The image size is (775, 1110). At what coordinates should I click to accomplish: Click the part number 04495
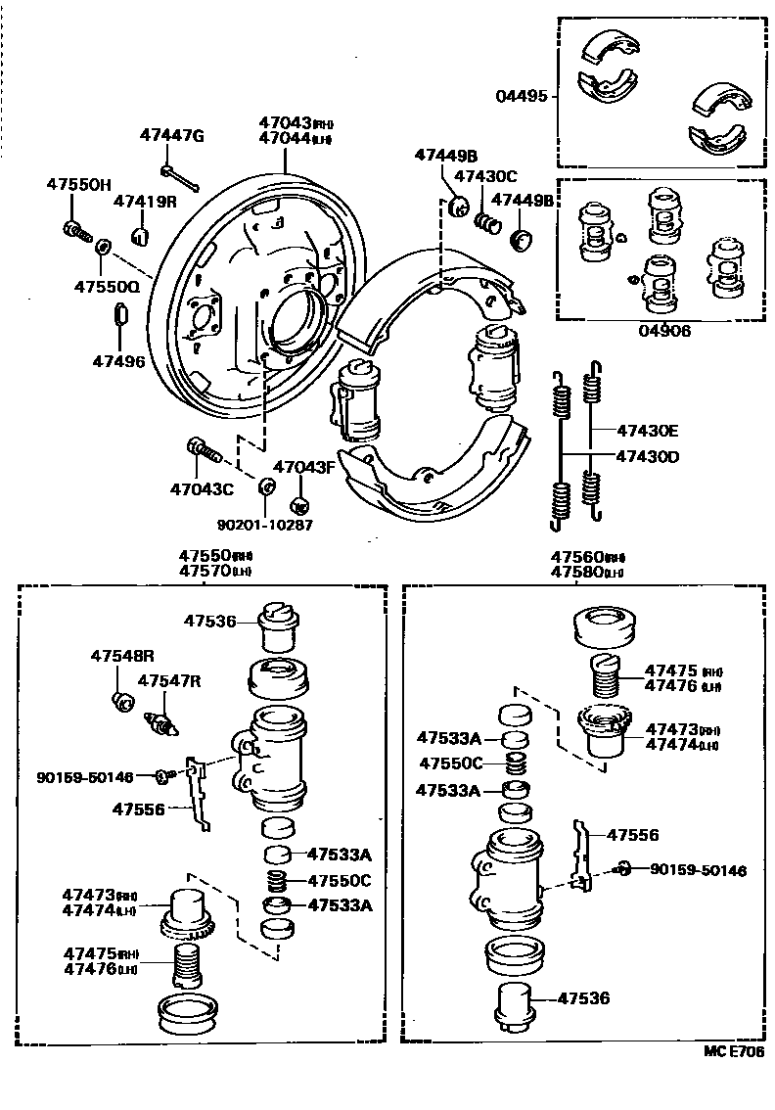point(523,97)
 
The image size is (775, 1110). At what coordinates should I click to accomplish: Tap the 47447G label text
point(171,135)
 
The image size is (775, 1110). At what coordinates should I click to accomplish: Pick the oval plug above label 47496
point(118,314)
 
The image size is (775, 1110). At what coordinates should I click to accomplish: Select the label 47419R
point(144,202)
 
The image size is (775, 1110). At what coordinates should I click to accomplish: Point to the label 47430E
point(647,430)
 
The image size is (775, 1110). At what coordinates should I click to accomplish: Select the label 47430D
point(647,456)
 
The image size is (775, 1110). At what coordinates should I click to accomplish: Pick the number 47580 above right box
point(576,571)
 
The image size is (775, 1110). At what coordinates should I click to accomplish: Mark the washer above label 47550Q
point(102,243)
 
